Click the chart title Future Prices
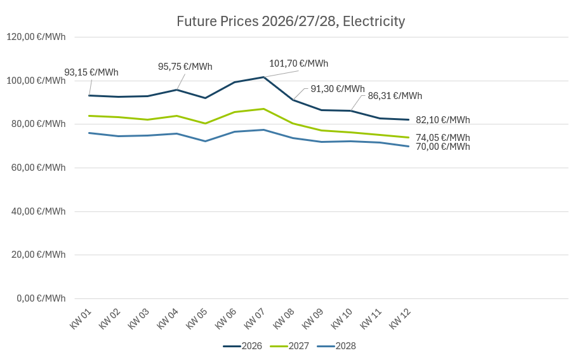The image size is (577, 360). pyautogui.click(x=291, y=22)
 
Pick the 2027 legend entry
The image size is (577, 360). pyautogui.click(x=290, y=346)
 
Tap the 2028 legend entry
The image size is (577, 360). pyautogui.click(x=337, y=346)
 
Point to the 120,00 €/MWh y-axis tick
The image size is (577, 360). pyautogui.click(x=36, y=37)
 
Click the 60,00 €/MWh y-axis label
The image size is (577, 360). pyautogui.click(x=36, y=168)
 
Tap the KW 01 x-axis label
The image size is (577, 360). pyautogui.click(x=81, y=317)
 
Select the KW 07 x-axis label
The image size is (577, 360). pyautogui.click(x=255, y=317)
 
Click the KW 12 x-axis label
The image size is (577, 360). pyautogui.click(x=400, y=317)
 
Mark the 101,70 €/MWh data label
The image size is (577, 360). pyautogui.click(x=298, y=63)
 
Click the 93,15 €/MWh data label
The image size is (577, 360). pyautogui.click(x=91, y=72)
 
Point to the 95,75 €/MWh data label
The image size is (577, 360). pyautogui.click(x=185, y=67)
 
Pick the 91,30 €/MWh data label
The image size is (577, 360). pyautogui.click(x=338, y=89)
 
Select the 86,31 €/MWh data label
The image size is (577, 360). pyautogui.click(x=395, y=96)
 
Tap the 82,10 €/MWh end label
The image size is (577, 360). pyautogui.click(x=443, y=120)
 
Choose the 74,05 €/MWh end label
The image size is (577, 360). pyautogui.click(x=443, y=138)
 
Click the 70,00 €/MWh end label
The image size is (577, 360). pyautogui.click(x=443, y=147)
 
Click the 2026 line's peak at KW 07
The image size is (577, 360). pyautogui.click(x=263, y=77)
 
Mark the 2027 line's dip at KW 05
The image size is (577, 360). pyautogui.click(x=205, y=123)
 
